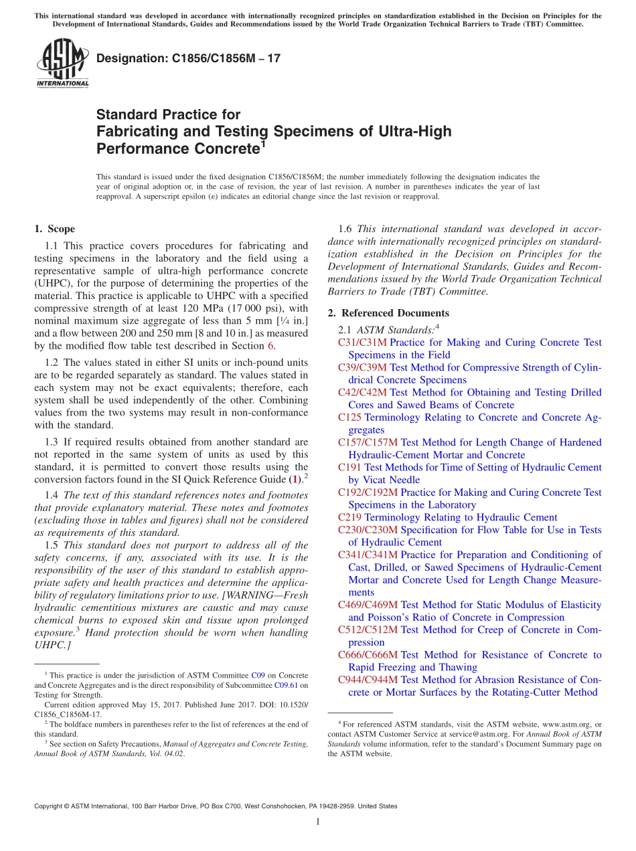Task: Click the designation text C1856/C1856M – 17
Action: click(188, 58)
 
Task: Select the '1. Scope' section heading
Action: click(54, 229)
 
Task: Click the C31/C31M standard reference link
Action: click(362, 343)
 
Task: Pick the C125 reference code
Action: click(350, 417)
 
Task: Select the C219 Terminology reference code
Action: click(350, 517)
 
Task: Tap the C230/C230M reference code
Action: click(368, 530)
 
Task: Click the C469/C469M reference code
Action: click(368, 605)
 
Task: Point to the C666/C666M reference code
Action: click(368, 655)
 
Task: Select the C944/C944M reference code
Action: click(368, 680)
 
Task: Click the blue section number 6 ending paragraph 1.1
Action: click(270, 346)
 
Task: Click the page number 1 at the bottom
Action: click(318, 822)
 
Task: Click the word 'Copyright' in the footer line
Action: click(48, 806)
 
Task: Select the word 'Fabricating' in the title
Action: click(136, 131)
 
